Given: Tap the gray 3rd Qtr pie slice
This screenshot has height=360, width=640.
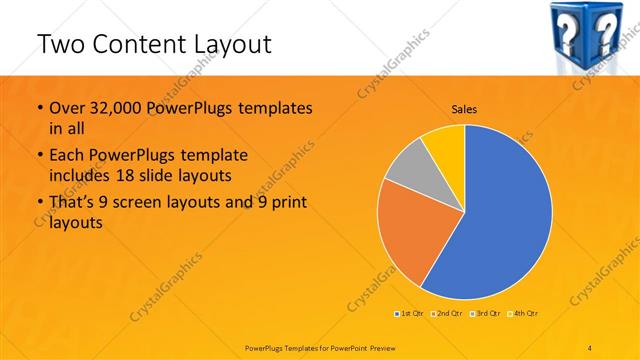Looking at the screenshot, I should point(408,166).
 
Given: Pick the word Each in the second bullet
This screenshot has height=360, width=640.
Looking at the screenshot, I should point(67,155).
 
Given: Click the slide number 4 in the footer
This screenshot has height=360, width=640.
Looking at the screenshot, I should point(589,346).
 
